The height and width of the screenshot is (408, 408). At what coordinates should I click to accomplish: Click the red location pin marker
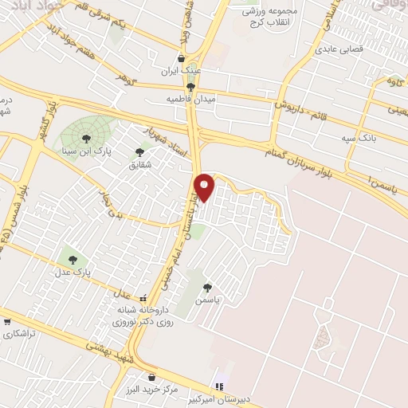click(206, 187)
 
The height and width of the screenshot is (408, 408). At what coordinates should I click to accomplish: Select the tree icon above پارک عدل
click(73, 259)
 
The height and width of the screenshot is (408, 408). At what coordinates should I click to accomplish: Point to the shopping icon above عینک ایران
click(182, 58)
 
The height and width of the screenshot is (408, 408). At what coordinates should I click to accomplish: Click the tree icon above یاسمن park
click(207, 288)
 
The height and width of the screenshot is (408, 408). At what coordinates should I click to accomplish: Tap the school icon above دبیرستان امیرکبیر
click(220, 387)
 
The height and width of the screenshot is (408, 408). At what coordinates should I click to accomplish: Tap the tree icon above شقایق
click(140, 152)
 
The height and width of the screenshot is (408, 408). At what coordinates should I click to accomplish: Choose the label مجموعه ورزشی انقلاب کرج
click(269, 18)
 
